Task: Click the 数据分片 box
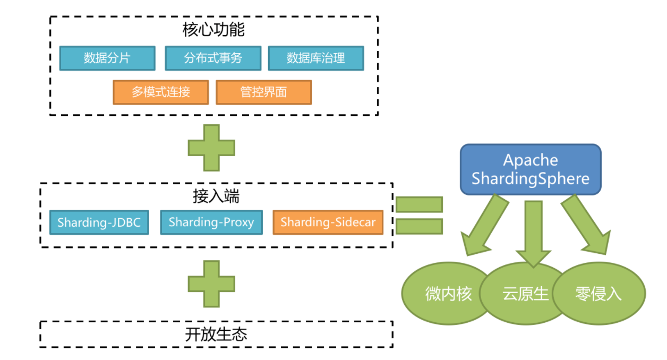pyautogui.click(x=107, y=58)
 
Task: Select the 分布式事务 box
pyautogui.click(x=213, y=58)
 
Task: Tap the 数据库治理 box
pyautogui.click(x=316, y=58)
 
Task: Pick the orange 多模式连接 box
pyautogui.click(x=161, y=92)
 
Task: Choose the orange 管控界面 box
pyautogui.click(x=264, y=92)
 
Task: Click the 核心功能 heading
pyautogui.click(x=213, y=30)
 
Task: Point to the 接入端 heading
pyautogui.click(x=216, y=196)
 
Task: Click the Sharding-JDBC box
pyautogui.click(x=99, y=222)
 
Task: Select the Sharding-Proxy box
pyautogui.click(x=211, y=222)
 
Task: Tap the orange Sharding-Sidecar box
pyautogui.click(x=328, y=222)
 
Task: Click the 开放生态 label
pyautogui.click(x=216, y=335)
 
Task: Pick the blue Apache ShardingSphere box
pyautogui.click(x=531, y=169)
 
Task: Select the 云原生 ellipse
pyautogui.click(x=525, y=294)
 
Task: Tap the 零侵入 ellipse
pyautogui.click(x=599, y=294)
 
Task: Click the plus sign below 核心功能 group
pyautogui.click(x=211, y=148)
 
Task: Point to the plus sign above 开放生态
pyautogui.click(x=211, y=284)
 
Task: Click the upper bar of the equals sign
pyautogui.click(x=419, y=204)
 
